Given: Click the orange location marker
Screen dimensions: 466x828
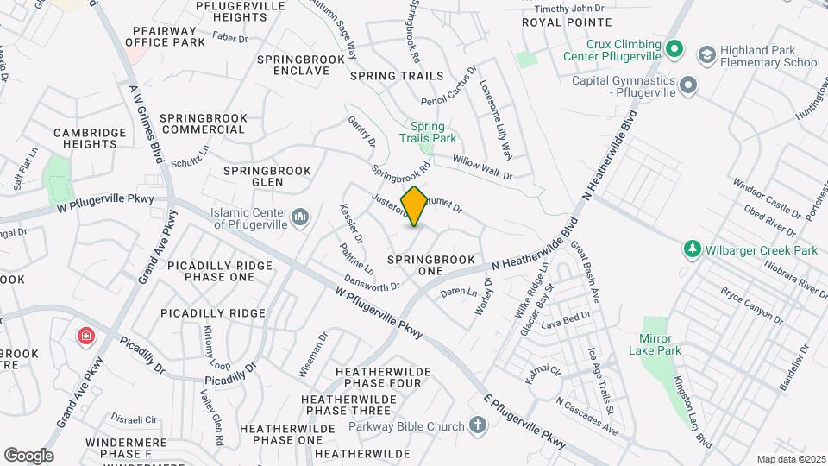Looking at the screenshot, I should click(415, 206).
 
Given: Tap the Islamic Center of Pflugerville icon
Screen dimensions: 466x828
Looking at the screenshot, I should click(300, 217).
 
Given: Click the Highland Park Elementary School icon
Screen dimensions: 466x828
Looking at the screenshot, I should click(707, 56).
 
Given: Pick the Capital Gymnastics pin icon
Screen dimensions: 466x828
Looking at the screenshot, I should click(688, 85).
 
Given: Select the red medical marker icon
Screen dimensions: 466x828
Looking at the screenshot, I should click(85, 336).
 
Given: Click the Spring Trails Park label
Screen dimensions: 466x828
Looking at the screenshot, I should click(427, 132).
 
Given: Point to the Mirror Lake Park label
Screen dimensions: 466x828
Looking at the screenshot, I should click(661, 344).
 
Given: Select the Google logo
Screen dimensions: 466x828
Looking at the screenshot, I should click(28, 455).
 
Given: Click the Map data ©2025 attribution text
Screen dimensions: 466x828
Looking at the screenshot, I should click(790, 459).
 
